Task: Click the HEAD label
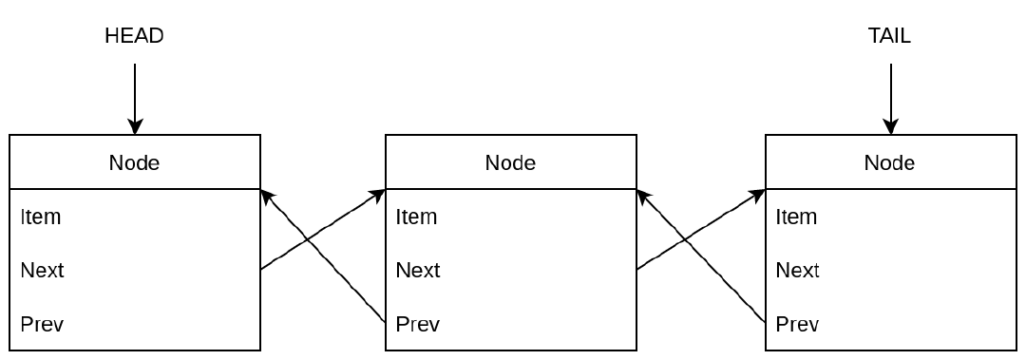click(x=134, y=36)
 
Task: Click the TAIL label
click(x=889, y=36)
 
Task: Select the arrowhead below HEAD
click(x=135, y=126)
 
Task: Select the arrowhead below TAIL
click(x=890, y=126)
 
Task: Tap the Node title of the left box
click(x=134, y=162)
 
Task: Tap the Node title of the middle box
click(x=510, y=162)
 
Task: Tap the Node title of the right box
click(x=889, y=162)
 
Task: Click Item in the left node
click(x=41, y=217)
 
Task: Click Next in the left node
click(x=43, y=271)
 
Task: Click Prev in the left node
click(x=43, y=325)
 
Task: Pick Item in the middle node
click(x=417, y=217)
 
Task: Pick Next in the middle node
click(x=419, y=271)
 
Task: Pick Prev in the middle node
click(x=419, y=325)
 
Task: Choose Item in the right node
click(x=796, y=217)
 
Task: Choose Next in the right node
click(x=798, y=271)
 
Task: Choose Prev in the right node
click(x=798, y=325)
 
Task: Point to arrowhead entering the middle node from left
click(x=378, y=194)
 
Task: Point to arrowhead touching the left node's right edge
click(x=267, y=195)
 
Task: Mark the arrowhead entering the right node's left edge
click(x=757, y=194)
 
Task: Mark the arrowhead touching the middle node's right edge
click(x=643, y=195)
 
